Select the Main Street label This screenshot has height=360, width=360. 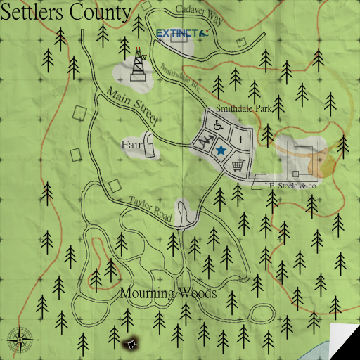131,105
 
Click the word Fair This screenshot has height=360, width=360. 132,145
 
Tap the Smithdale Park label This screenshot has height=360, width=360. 243,109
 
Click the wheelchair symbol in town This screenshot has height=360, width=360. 218,126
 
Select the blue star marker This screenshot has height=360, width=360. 221,150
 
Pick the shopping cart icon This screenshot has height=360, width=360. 238,165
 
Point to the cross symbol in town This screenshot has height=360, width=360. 240,141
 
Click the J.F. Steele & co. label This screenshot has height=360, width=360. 291,186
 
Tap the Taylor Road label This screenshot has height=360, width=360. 150,209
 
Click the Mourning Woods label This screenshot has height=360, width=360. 168,293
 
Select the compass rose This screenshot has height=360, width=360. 20,340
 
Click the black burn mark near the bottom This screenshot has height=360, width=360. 130,344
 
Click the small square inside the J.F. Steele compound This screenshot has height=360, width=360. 296,172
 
